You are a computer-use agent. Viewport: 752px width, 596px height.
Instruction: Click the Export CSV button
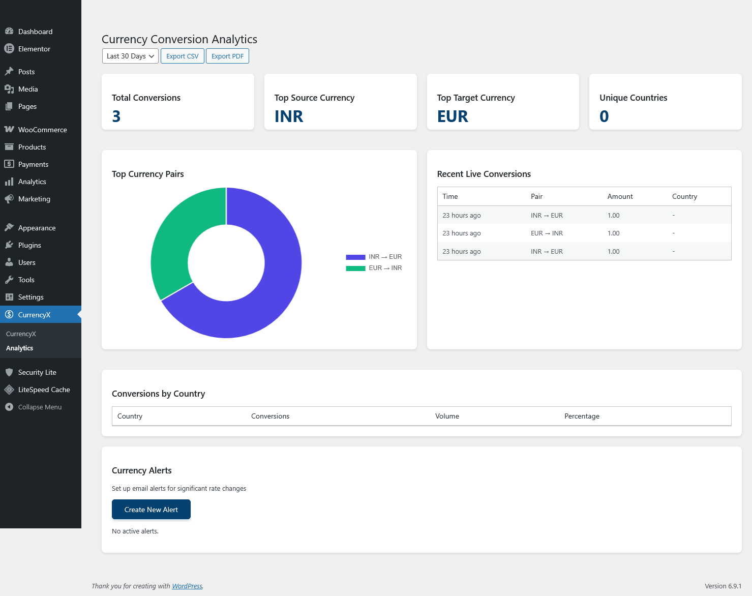(x=182, y=56)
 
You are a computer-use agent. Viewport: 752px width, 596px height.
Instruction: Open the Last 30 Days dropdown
(x=130, y=56)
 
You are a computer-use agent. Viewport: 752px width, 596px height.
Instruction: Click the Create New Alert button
(x=151, y=510)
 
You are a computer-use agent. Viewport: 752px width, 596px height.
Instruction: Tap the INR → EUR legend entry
(x=374, y=257)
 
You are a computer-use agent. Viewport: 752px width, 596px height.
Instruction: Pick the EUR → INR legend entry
(x=374, y=268)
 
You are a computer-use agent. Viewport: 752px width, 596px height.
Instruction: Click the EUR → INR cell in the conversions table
(x=547, y=233)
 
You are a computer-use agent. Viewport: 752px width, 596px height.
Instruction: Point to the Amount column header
(x=620, y=196)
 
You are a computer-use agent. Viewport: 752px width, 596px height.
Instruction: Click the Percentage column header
(x=582, y=416)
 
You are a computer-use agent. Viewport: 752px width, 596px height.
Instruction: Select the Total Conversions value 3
(x=116, y=116)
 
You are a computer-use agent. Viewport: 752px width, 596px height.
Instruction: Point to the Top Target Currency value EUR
(x=453, y=116)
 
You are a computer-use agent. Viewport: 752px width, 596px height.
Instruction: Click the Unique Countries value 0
(x=604, y=116)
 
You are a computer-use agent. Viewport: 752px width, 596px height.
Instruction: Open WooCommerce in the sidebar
(x=42, y=130)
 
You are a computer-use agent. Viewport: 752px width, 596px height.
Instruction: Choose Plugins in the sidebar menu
(x=29, y=245)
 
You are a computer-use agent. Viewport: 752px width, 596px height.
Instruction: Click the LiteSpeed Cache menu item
(x=44, y=390)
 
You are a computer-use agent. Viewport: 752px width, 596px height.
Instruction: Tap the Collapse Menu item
(x=40, y=407)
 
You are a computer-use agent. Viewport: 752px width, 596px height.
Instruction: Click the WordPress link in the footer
(x=187, y=586)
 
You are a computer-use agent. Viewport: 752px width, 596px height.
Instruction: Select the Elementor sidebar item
(x=34, y=49)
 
